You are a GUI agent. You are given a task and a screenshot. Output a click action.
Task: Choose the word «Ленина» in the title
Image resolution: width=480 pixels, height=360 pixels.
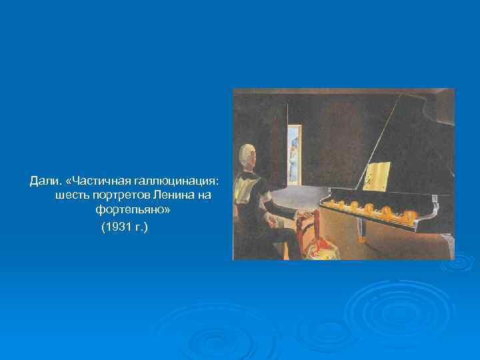pyautogui.click(x=174, y=195)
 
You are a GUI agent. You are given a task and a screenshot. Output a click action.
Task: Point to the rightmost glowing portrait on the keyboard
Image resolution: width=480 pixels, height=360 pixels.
pyautogui.click(x=409, y=215)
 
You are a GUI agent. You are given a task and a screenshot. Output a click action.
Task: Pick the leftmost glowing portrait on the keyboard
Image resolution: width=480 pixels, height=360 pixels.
pyautogui.click(x=331, y=202)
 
